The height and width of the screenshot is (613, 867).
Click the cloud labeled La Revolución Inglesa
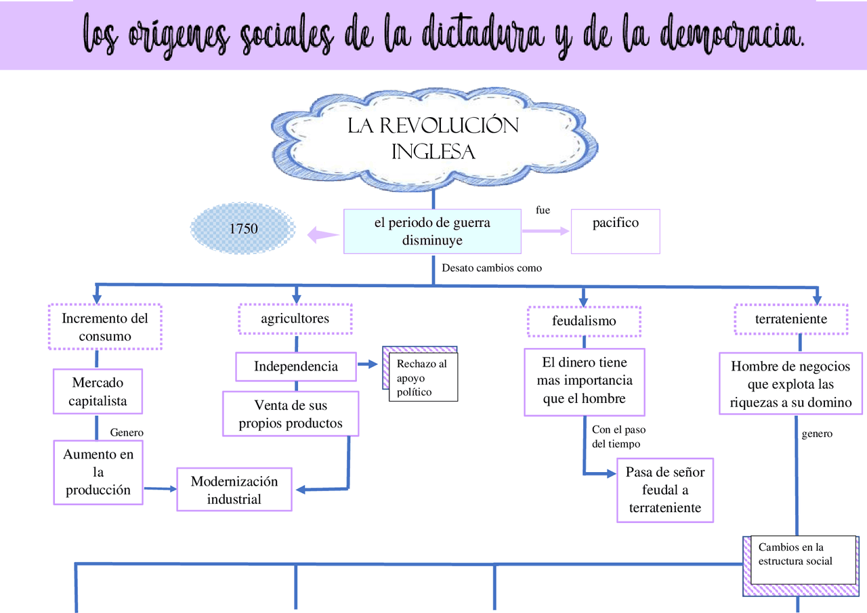coord(433,139)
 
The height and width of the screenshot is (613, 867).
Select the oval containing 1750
coord(244,228)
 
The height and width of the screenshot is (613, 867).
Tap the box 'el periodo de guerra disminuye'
coord(432,232)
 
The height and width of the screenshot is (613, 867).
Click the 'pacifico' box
coord(615,231)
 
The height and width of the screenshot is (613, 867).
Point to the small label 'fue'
coord(543,211)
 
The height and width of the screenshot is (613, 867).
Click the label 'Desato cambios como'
coord(492,268)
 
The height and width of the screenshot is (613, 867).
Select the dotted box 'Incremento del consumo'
coord(105,326)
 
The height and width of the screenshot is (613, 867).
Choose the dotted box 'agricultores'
coord(295,318)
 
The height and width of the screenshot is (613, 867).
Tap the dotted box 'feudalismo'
coord(584,321)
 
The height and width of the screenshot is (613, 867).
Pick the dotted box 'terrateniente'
coord(791,319)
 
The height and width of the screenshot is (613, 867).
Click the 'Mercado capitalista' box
coord(98,392)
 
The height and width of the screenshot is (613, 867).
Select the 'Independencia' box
coord(296,366)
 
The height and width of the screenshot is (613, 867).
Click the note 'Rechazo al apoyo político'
coord(422,378)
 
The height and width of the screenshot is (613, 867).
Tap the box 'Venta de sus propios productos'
coord(291,415)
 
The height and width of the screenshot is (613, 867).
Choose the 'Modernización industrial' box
coord(234,490)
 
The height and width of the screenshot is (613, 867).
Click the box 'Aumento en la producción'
coord(98,472)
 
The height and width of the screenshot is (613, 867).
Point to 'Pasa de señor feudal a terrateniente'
coord(664,490)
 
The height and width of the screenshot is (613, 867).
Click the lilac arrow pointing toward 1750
coord(323,234)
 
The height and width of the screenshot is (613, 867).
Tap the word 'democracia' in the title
coord(721,34)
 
